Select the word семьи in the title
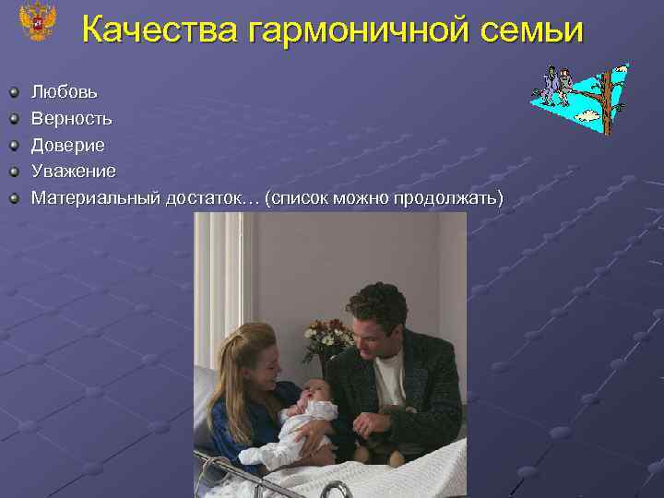tap(536, 30)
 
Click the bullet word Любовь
tap(65, 92)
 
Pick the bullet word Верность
tap(72, 119)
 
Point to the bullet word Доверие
tap(68, 146)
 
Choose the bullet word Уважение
tap(74, 172)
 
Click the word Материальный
tap(95, 198)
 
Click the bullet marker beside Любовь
tap(15, 92)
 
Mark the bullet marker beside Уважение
tap(15, 172)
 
